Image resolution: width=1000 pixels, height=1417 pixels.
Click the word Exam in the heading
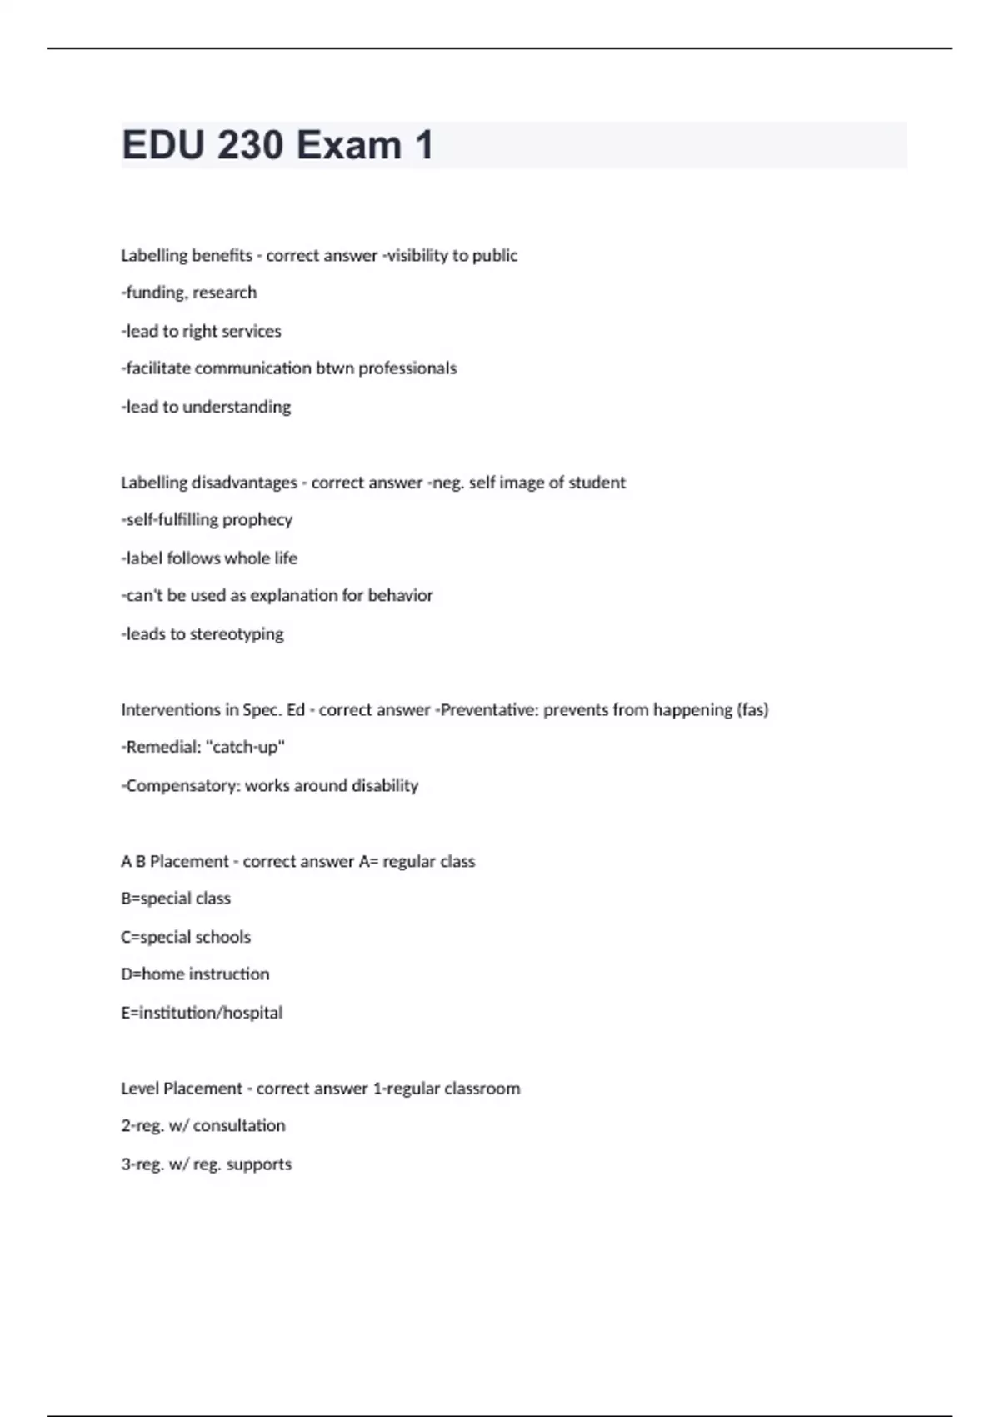coord(349,146)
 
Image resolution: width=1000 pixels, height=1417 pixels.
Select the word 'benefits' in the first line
coord(221,255)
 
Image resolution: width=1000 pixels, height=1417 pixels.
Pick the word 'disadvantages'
coord(244,483)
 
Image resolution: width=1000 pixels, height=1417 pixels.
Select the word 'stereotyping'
coord(237,634)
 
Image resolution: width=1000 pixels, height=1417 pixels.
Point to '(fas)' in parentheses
coord(752,710)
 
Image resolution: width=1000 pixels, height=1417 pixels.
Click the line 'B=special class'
coord(176,899)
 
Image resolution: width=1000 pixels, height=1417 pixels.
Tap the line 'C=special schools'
coord(186,937)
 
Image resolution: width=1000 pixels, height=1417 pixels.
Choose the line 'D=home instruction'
coord(195,974)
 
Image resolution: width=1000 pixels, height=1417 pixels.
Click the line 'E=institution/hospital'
coord(202,1013)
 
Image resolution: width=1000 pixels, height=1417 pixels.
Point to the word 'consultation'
coord(239,1126)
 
